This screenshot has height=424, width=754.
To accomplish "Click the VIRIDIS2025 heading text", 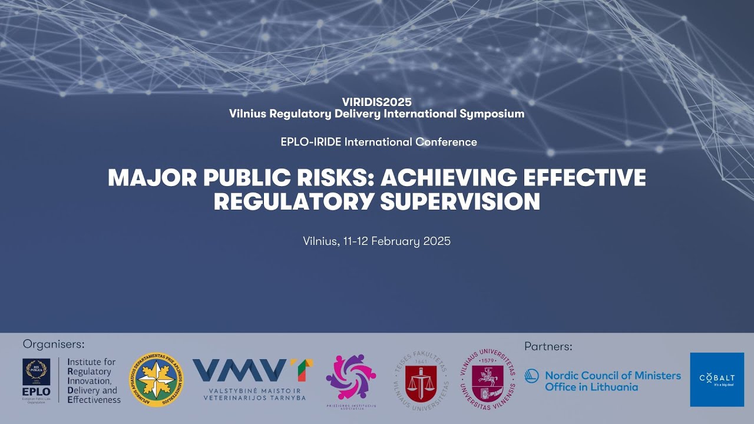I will coord(376,102).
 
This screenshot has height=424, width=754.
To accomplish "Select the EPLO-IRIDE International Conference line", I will coord(377,142).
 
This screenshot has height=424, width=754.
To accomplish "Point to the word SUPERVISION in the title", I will coord(460,202).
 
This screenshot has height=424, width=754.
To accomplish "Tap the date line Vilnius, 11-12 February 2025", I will coord(377,241).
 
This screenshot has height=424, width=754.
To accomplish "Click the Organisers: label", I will coord(54,344).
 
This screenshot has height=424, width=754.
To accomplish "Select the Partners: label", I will coord(548,346).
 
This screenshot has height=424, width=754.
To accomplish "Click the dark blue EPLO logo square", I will coord(37,377).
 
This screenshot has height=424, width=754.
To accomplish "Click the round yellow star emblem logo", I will coord(156,380).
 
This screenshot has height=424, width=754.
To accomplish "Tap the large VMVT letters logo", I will coord(253,370).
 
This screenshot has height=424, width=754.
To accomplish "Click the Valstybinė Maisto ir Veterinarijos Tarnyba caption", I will coord(254,394).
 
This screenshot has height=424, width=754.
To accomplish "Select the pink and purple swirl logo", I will coord(350,377).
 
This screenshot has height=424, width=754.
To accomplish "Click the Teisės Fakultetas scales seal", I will coord(421,380).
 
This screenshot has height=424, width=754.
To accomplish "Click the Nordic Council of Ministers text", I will coord(613,375).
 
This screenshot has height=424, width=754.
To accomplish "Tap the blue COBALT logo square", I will coord(717,379).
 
